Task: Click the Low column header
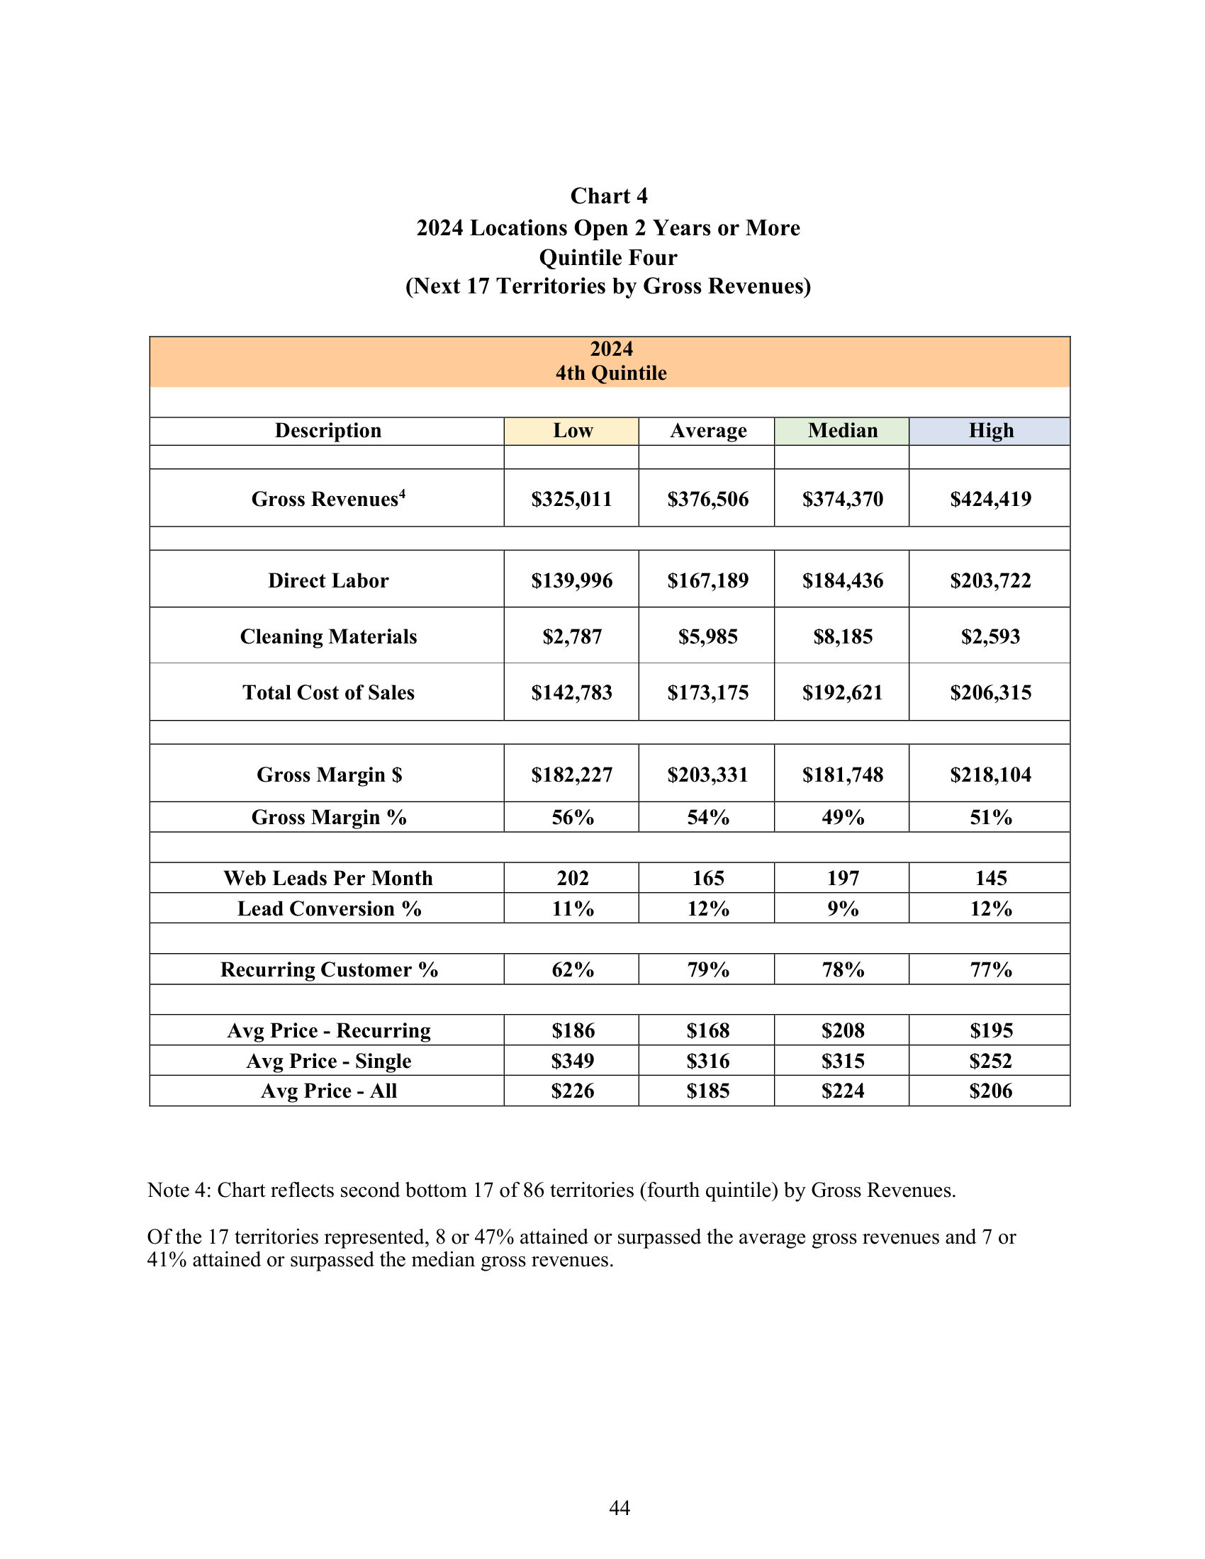(x=572, y=431)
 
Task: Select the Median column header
(x=842, y=431)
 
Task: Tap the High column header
(x=990, y=431)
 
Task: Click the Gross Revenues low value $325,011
(x=572, y=499)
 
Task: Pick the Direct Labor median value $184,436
(x=842, y=580)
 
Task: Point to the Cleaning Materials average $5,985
(x=707, y=636)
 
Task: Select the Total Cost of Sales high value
(x=990, y=692)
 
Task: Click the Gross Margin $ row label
(x=329, y=775)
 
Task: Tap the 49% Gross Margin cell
(x=842, y=817)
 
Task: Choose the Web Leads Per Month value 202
(x=572, y=878)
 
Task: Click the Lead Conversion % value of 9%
(x=842, y=908)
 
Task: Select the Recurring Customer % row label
(x=329, y=969)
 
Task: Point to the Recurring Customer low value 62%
(x=572, y=969)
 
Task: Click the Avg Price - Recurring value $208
(x=842, y=1031)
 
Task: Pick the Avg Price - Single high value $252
(x=990, y=1061)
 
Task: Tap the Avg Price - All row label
(x=329, y=1091)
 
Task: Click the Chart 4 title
(x=608, y=196)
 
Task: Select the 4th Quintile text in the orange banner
(x=611, y=373)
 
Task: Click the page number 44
(x=619, y=1507)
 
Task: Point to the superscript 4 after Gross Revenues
(x=402, y=493)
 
